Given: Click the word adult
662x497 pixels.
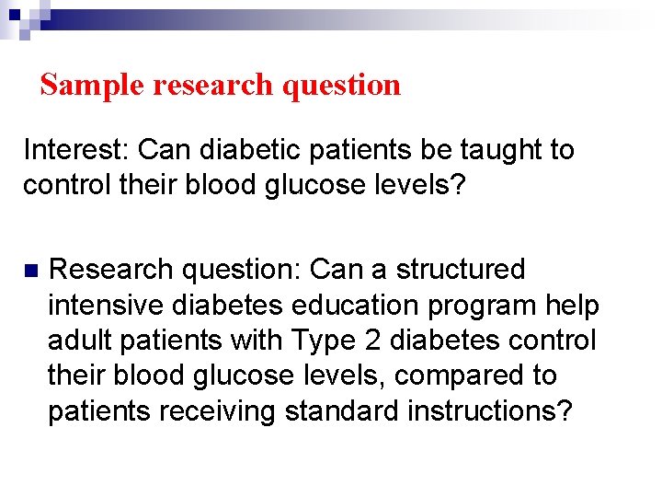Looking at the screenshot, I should tap(79, 341).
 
